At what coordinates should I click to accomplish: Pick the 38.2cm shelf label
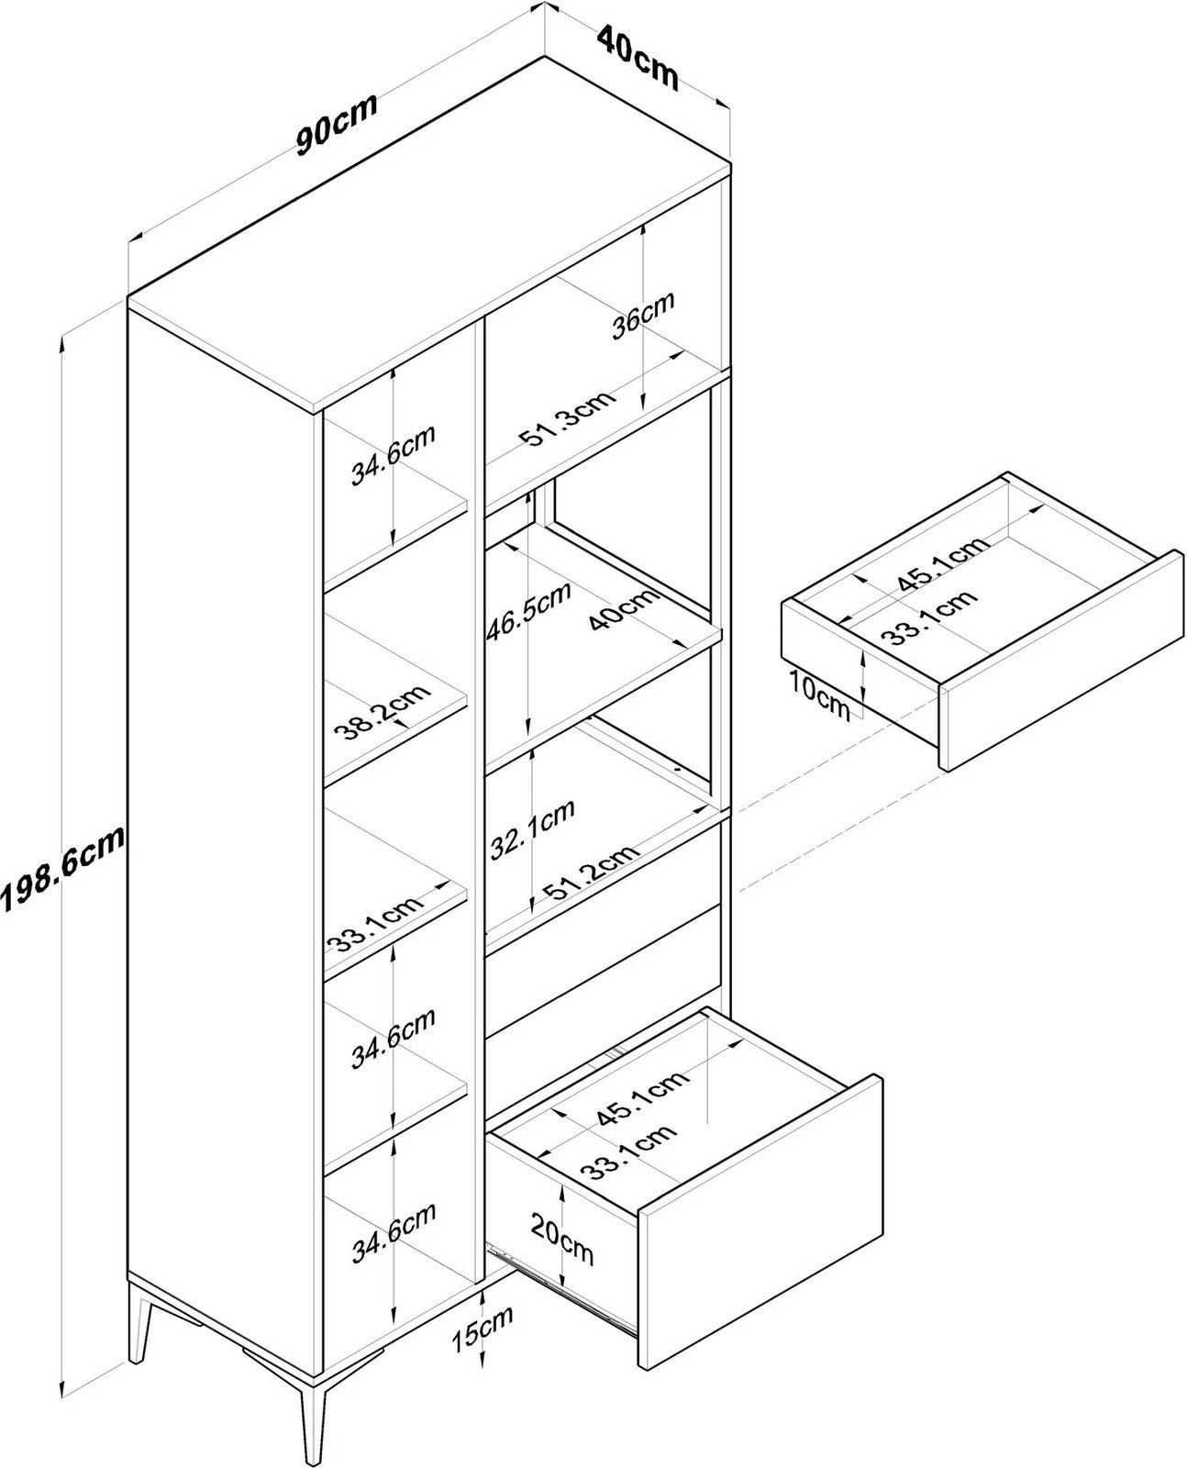(381, 711)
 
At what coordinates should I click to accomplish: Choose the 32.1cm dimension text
(533, 829)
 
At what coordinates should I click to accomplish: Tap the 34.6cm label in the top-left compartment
(393, 455)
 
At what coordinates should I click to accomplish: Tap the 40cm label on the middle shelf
(624, 607)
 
